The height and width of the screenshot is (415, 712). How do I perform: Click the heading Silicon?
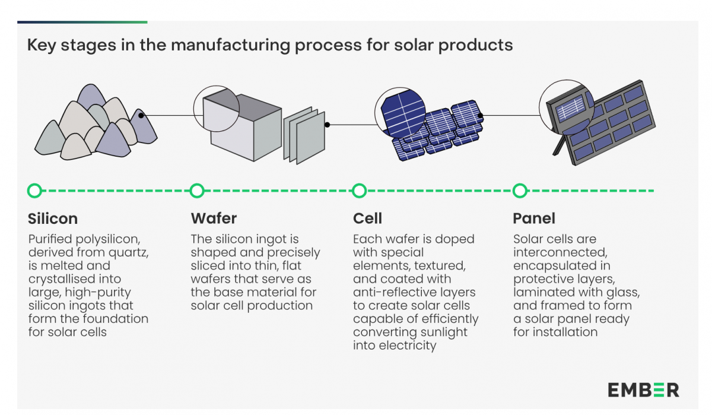[x=53, y=218]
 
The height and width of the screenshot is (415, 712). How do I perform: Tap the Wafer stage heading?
[x=214, y=218]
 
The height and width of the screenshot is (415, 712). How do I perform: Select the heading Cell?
[x=367, y=218]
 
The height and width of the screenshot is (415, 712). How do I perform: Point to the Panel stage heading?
[x=534, y=218]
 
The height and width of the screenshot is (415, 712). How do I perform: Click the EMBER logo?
[x=643, y=390]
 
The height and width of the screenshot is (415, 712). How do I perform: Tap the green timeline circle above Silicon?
[x=35, y=191]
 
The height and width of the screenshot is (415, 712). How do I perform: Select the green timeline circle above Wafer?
[x=197, y=191]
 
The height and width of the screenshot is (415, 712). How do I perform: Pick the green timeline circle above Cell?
[x=359, y=191]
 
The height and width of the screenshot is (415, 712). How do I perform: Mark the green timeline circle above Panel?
[x=520, y=191]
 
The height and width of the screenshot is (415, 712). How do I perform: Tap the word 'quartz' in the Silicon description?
[x=129, y=252]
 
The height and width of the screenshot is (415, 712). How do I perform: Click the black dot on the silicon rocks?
[x=141, y=116]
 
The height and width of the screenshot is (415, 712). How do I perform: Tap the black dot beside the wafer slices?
[x=327, y=125]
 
